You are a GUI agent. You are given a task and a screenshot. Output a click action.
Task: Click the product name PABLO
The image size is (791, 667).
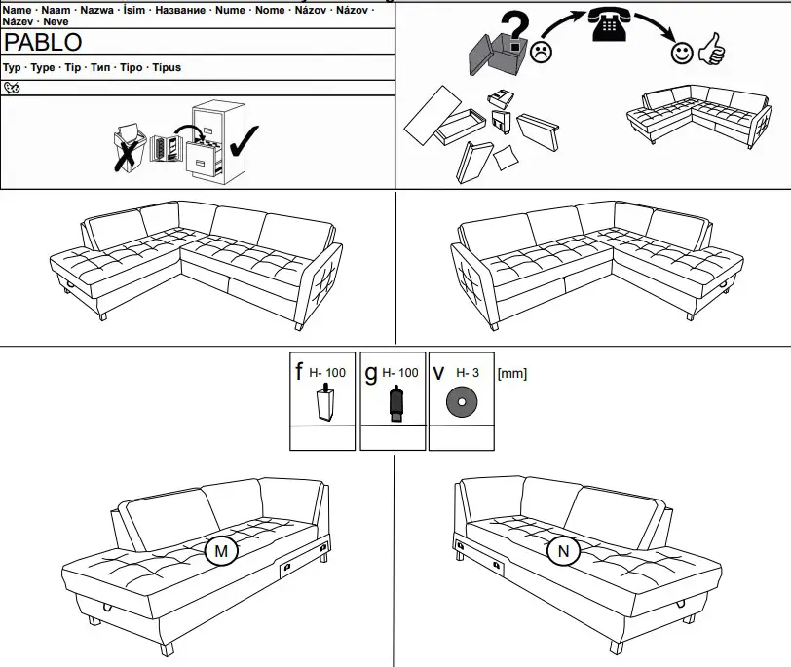click(x=44, y=42)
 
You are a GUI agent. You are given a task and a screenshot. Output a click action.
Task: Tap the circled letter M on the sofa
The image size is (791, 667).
click(x=221, y=552)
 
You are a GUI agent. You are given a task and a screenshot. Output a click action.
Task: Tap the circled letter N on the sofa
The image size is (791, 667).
click(x=562, y=552)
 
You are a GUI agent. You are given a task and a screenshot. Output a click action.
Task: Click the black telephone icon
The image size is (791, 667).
click(x=611, y=24)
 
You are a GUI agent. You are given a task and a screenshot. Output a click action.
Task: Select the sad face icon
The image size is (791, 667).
click(x=542, y=51)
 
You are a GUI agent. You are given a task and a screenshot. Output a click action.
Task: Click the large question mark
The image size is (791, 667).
click(x=517, y=23)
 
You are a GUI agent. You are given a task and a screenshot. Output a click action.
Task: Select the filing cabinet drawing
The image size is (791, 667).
click(x=209, y=141)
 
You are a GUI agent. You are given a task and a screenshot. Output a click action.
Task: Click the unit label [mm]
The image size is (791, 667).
click(x=511, y=373)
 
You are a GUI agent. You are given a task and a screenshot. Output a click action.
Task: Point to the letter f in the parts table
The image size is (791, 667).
click(x=299, y=372)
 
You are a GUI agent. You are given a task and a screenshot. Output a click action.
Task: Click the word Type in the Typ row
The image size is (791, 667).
click(x=43, y=68)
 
